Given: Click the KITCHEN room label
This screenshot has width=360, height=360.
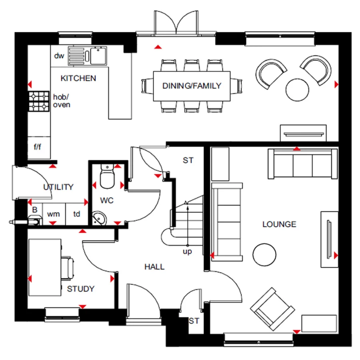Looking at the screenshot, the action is (78, 78).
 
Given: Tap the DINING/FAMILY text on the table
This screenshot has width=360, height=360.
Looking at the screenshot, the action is (192, 86).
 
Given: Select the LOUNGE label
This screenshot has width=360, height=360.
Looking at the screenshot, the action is (279, 224).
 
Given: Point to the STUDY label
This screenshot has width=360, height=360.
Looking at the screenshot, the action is (80, 288).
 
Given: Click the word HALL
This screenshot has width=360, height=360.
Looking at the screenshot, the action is (154, 266).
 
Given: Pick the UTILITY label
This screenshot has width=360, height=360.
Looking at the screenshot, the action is (58, 187).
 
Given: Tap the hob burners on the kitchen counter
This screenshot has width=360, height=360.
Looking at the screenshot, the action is (39, 101).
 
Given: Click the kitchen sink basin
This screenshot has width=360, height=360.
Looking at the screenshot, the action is (98, 56).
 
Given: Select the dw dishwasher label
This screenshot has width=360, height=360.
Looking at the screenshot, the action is (59, 56).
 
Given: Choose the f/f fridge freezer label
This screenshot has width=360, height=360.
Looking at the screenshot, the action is (38, 146).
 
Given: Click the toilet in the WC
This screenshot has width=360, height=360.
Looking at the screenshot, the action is (107, 176).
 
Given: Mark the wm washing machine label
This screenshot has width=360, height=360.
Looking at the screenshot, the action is (54, 214).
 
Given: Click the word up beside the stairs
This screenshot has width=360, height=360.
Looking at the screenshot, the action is (187, 252).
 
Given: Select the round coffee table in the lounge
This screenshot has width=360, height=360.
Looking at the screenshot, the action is (264, 255).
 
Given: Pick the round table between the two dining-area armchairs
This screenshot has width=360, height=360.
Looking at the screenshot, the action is (297, 90).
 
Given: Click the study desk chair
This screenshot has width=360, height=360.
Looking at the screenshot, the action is (67, 268).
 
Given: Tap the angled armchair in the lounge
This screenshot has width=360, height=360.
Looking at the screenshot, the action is (272, 309).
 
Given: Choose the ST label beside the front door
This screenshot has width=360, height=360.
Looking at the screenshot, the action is (194, 321).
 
